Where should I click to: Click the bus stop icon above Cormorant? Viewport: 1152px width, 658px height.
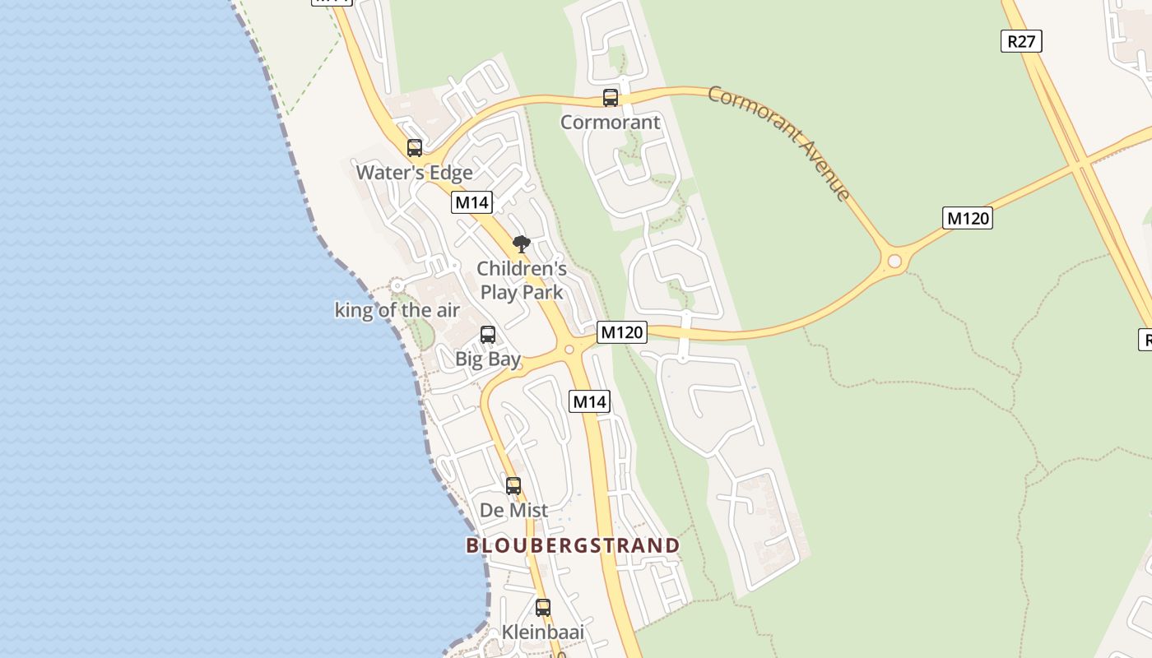coord(611,98)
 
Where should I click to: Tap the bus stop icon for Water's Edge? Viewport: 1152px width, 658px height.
coord(415,148)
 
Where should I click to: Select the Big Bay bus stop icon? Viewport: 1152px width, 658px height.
coord(488,335)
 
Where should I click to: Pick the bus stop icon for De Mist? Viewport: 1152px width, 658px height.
coord(513,486)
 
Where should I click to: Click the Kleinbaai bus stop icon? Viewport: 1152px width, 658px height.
coord(543,608)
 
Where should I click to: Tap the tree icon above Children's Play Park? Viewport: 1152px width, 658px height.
coord(521,243)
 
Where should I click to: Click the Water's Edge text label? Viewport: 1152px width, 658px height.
coord(414,173)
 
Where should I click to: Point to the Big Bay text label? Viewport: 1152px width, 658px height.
coord(488,359)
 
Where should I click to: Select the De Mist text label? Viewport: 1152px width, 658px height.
coord(513,511)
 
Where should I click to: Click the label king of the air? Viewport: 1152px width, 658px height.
coord(397,310)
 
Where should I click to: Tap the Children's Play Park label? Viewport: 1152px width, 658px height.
coord(522,280)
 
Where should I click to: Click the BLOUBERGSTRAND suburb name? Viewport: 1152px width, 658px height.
coord(573,545)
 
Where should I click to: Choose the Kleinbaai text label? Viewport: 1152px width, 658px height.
coord(543,633)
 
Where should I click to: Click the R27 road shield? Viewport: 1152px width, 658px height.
coord(1021,41)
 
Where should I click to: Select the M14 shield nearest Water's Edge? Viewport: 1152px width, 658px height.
coord(471,202)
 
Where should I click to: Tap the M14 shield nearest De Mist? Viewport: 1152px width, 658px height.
coord(589,401)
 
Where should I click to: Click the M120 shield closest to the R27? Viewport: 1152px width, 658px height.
coord(967,218)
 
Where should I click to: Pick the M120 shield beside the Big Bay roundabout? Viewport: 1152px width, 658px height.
coord(621,332)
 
